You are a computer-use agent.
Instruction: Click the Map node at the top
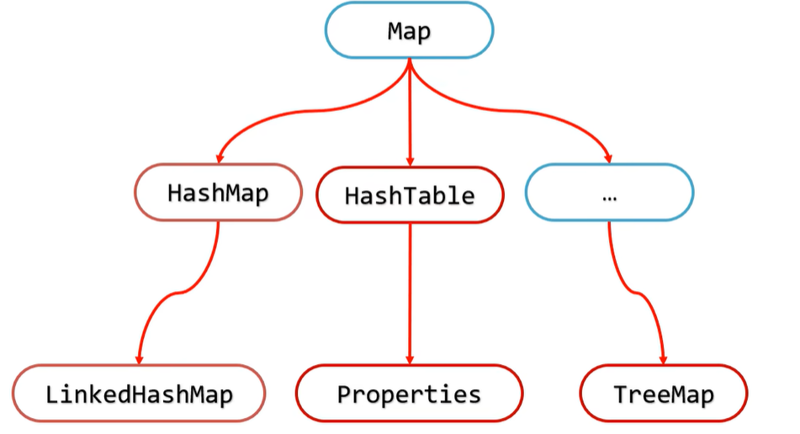click(409, 31)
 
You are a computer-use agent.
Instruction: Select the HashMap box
click(218, 193)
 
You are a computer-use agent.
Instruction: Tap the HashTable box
click(410, 196)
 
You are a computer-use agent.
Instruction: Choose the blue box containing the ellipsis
click(609, 193)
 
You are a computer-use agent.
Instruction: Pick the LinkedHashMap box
click(139, 394)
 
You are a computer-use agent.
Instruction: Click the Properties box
click(409, 394)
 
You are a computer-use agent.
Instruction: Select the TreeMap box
click(664, 394)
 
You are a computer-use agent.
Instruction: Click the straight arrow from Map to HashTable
click(410, 109)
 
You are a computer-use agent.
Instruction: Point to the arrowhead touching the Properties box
click(410, 357)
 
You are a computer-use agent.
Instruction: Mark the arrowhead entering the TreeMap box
click(664, 357)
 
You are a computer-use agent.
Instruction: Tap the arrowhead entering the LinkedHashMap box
click(139, 357)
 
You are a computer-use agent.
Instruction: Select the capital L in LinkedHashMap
click(52, 394)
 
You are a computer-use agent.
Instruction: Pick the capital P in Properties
click(344, 394)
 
